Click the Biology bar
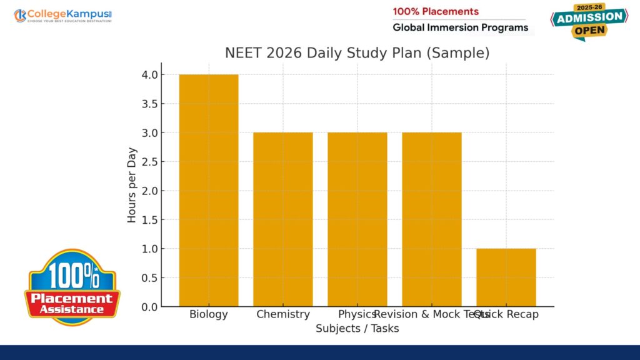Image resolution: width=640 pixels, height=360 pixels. click(x=208, y=191)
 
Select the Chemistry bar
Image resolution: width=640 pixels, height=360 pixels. click(x=282, y=219)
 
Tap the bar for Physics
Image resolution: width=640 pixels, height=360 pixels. click(x=357, y=219)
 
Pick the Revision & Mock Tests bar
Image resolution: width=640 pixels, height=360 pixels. click(x=431, y=219)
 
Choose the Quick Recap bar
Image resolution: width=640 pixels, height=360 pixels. click(x=506, y=277)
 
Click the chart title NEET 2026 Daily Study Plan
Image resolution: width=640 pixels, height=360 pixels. click(x=357, y=53)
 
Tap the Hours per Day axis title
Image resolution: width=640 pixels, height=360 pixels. click(x=132, y=185)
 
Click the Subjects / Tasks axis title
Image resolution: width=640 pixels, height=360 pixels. click(x=357, y=328)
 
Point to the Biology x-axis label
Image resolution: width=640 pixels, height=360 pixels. click(x=208, y=314)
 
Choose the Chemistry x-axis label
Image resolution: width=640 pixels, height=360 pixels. click(x=282, y=314)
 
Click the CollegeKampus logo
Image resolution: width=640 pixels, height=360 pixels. click(x=62, y=15)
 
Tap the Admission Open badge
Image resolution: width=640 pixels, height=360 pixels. click(x=589, y=22)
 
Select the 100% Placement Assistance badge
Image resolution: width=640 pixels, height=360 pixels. click(x=72, y=287)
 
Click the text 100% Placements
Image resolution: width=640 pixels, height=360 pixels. click(x=435, y=11)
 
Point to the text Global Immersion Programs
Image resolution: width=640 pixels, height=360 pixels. click(x=460, y=27)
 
